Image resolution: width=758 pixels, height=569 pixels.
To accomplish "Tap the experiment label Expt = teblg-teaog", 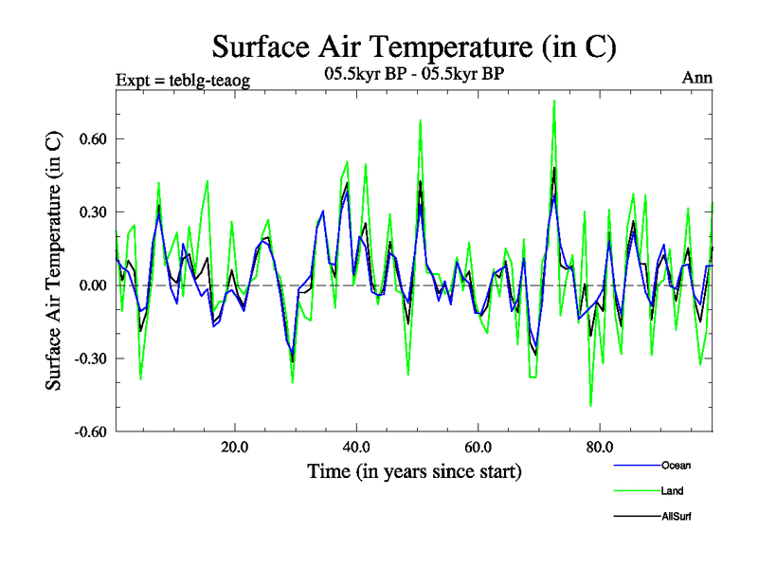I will (182, 80).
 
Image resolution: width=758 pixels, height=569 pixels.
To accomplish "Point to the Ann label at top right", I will (697, 78).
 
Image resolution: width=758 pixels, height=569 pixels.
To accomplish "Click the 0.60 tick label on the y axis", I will (89, 138).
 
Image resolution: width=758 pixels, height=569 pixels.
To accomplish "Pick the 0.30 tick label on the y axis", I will (89, 211).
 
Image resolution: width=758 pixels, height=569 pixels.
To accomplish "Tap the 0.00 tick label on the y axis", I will (89, 284).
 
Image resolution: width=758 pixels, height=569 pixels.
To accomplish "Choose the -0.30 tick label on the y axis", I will (86, 358).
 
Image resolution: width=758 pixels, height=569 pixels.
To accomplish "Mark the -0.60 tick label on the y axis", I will (86, 431).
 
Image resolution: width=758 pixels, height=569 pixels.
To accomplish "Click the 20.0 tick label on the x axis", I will (235, 447).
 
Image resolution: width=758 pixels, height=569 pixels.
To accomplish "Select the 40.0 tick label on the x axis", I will (356, 447).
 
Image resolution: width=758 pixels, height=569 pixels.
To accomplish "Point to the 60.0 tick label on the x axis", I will (478, 447).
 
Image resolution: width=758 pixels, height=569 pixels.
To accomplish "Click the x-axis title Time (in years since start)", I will (414, 471).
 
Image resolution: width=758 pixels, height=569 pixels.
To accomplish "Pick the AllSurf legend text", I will (676, 516).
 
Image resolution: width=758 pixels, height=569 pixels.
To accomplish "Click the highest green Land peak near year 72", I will (554, 101).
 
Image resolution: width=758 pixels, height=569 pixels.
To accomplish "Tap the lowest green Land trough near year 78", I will (590, 405).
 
